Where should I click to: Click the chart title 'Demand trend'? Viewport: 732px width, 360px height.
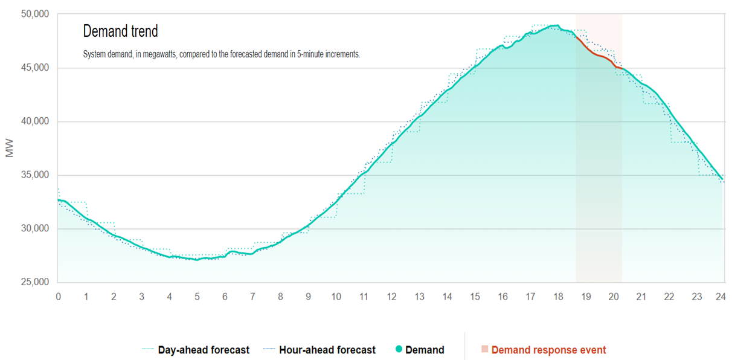[120, 31]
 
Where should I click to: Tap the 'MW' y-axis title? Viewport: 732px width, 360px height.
[10, 149]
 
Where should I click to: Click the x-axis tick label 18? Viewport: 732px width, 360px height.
[557, 297]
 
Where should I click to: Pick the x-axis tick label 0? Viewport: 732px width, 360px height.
[58, 297]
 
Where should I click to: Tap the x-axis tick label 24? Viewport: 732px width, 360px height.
[720, 297]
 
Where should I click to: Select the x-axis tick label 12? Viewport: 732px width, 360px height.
[391, 297]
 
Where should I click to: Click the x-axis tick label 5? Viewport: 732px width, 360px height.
[197, 297]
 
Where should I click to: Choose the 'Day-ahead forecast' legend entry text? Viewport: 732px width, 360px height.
[204, 350]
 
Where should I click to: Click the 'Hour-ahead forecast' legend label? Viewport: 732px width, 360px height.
[327, 350]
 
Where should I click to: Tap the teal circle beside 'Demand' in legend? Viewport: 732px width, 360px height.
[399, 350]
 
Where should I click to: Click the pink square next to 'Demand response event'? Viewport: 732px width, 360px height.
[484, 350]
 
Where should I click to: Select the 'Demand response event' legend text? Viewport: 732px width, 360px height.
[548, 350]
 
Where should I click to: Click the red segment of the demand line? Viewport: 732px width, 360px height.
[598, 56]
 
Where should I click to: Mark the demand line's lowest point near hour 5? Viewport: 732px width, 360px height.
[197, 259]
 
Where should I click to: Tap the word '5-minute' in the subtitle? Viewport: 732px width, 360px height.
[305, 54]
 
